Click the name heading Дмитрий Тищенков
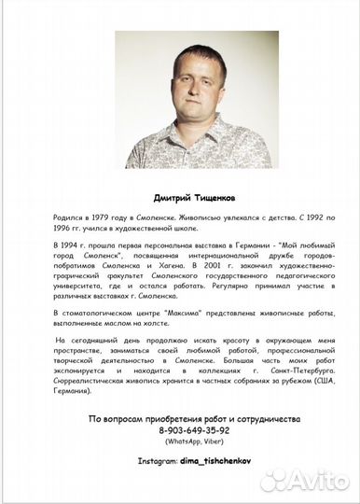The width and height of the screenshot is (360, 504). pyautogui.click(x=179, y=197)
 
